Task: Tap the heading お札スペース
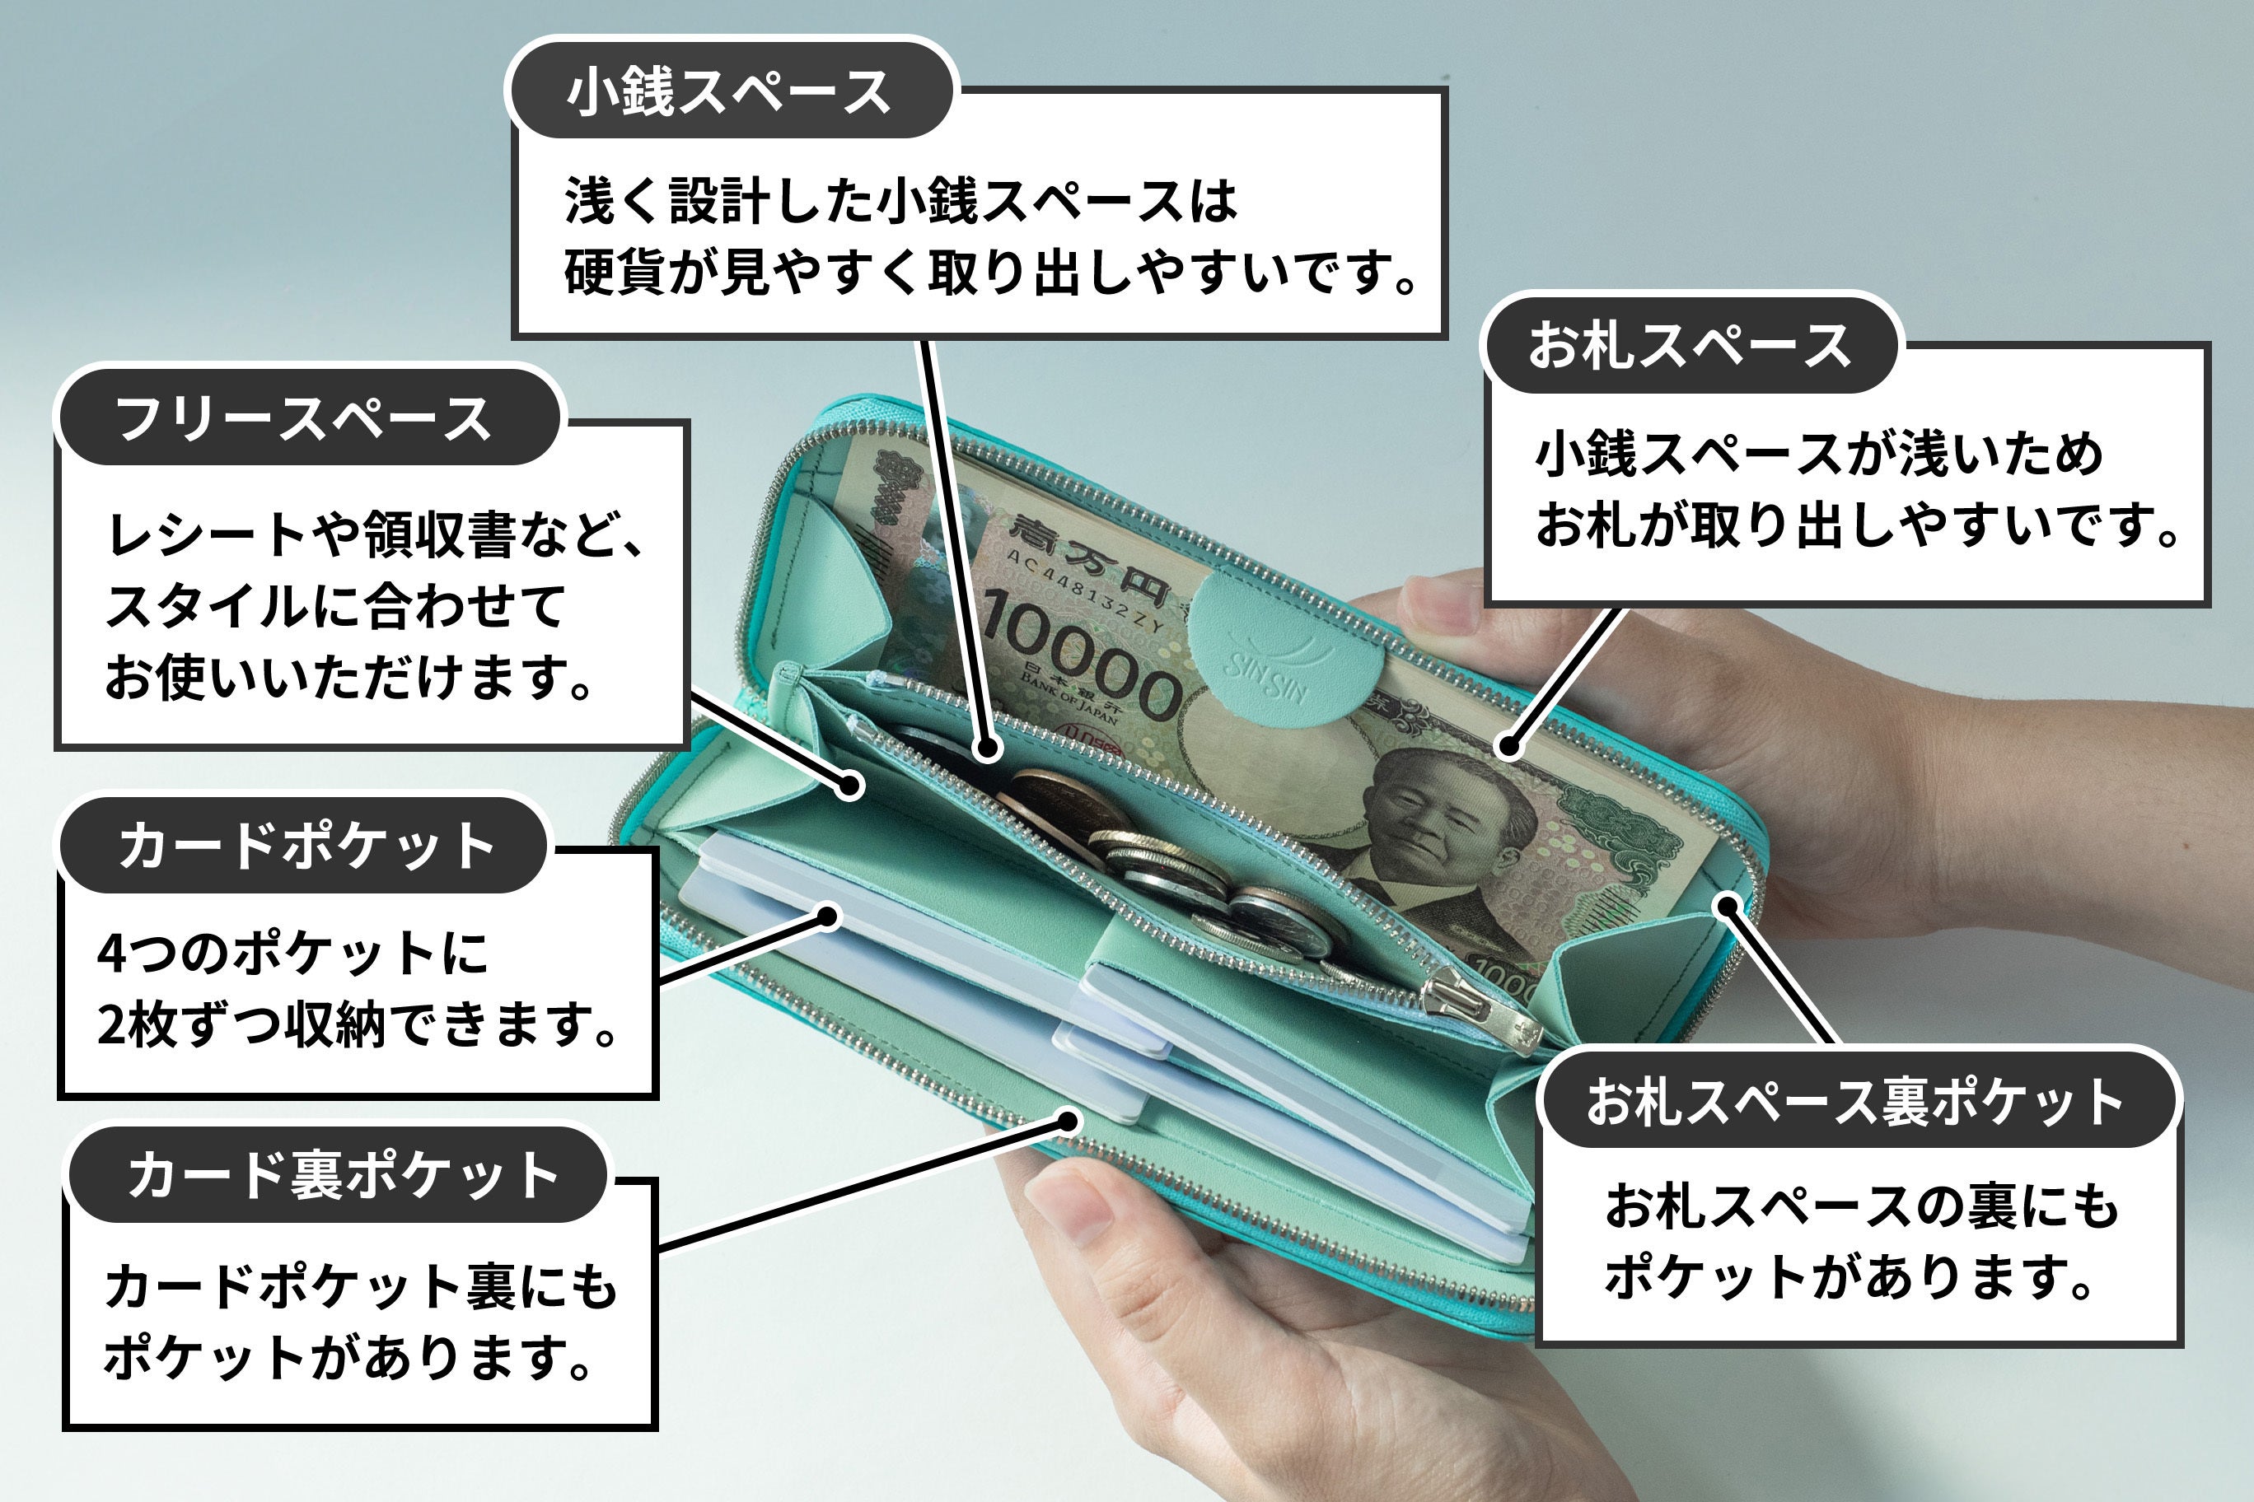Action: coord(1690,346)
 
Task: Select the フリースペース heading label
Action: coord(305,418)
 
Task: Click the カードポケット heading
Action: coord(305,846)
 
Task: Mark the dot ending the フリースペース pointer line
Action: coord(849,786)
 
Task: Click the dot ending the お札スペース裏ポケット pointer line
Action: coord(1727,905)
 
